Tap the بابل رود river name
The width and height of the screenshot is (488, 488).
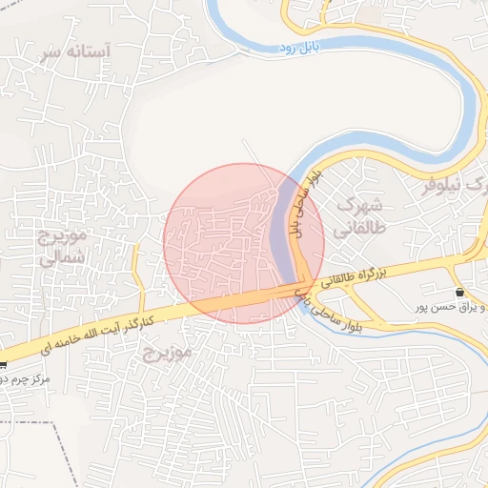[302, 46]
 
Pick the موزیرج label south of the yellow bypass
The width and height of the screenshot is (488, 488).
[168, 354]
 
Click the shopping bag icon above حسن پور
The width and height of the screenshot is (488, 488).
[460, 292]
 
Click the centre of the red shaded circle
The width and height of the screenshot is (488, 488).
[243, 243]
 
